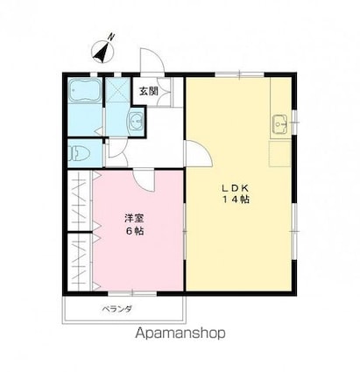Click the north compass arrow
point(102,52)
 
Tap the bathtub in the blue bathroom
point(84,92)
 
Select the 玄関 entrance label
point(147,90)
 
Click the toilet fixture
point(81,152)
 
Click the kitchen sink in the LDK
point(280,123)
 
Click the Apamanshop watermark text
point(180,333)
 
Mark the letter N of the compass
point(112,36)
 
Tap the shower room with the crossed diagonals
point(116,92)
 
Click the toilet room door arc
point(115,156)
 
